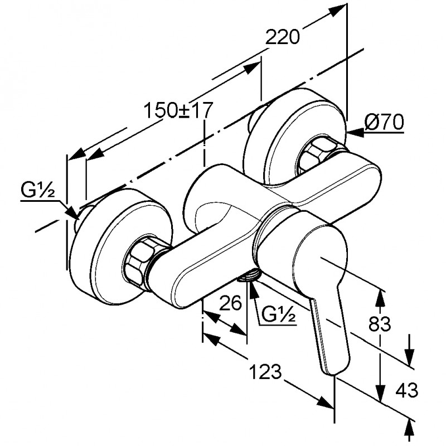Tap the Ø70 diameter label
point(384,122)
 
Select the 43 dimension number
point(405,390)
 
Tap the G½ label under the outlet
point(278,316)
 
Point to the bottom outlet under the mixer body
point(251,275)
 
